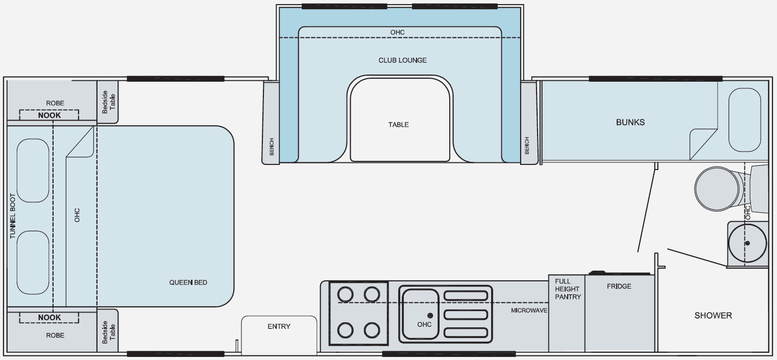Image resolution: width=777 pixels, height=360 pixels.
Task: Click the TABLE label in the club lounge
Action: click(399, 125)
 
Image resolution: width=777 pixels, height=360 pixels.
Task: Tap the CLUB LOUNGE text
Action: click(402, 60)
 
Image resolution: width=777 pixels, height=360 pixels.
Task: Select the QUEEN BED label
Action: click(188, 282)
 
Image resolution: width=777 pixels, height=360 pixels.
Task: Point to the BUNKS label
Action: click(630, 122)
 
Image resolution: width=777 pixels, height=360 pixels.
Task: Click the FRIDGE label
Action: click(619, 286)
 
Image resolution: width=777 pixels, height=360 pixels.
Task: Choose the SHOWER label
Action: click(713, 315)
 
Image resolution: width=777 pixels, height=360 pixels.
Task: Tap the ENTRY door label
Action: click(279, 326)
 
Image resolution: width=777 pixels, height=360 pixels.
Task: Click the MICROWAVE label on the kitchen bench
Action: click(529, 310)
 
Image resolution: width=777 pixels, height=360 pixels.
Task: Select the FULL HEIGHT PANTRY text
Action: click(568, 289)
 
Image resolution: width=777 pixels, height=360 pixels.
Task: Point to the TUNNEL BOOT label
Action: click(13, 216)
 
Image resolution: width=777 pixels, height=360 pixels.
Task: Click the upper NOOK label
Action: click(49, 115)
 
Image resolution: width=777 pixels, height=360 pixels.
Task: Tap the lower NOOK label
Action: click(49, 317)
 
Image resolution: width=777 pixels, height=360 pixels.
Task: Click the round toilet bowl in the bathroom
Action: click(717, 188)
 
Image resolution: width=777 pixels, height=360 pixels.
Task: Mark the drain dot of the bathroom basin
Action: click(747, 243)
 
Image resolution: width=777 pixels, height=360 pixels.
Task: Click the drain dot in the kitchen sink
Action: click(430, 316)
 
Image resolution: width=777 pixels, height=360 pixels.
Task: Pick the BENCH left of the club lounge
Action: click(271, 147)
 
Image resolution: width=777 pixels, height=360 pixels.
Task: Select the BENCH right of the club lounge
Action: click(527, 146)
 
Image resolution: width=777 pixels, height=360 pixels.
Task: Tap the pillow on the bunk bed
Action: click(745, 119)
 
